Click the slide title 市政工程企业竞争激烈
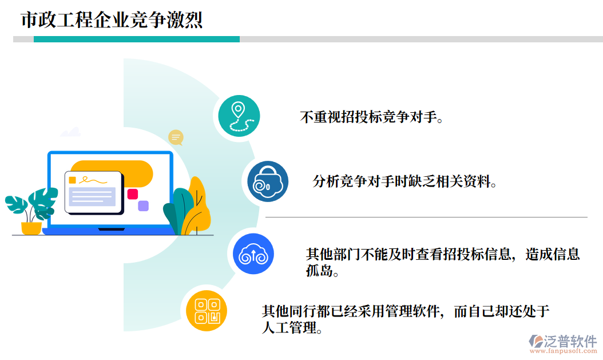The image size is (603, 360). point(112,21)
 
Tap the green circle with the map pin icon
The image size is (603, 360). point(239,116)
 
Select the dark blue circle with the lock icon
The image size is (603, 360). point(268,182)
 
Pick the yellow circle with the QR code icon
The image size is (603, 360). point(207,311)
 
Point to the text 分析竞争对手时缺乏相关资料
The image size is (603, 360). point(404,182)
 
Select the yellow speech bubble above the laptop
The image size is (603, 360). point(176,137)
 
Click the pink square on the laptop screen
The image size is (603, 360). point(133,194)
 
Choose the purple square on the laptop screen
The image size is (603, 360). point(143,205)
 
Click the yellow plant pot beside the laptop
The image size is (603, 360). point(31,228)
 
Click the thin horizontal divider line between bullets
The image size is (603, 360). point(426,217)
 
